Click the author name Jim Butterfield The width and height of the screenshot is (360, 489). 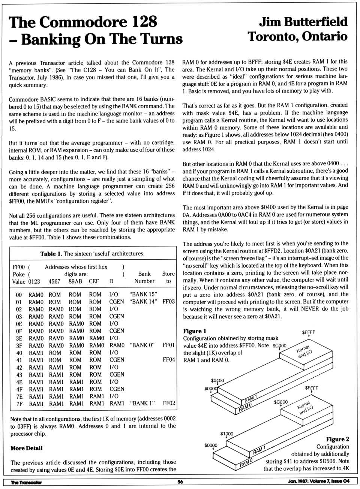tap(303, 22)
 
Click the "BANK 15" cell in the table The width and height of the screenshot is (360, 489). tap(143, 295)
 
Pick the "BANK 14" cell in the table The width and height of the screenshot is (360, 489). tap(143, 302)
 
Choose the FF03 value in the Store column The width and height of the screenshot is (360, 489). tap(168, 302)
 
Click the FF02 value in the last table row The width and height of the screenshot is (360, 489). tap(169, 404)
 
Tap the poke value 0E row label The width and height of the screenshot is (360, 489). tap(19, 324)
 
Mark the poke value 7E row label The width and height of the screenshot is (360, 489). tap(19, 396)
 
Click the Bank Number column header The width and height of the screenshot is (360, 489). tap(144, 278)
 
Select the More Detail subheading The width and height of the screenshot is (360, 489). tap(27, 448)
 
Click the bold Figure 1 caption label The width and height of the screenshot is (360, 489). tap(195, 331)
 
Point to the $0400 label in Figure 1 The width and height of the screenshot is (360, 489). tap(217, 381)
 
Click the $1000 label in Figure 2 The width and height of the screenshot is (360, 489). tap(226, 434)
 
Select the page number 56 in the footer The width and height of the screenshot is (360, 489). tap(180, 482)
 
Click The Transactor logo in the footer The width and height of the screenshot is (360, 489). tap(26, 482)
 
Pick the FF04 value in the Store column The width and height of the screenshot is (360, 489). tap(169, 360)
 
